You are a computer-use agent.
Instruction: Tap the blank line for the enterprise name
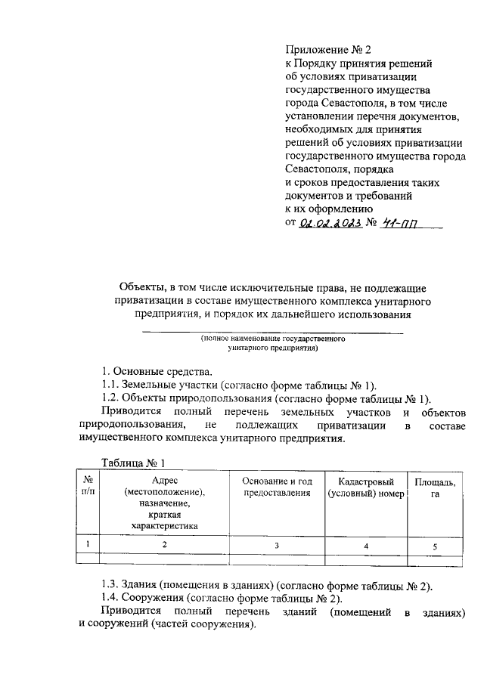(273, 333)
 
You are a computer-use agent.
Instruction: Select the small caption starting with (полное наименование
(273, 344)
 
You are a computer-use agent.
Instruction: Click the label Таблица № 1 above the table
(133, 463)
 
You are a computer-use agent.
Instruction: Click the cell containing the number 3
(277, 545)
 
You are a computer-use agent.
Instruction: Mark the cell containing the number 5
(434, 545)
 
